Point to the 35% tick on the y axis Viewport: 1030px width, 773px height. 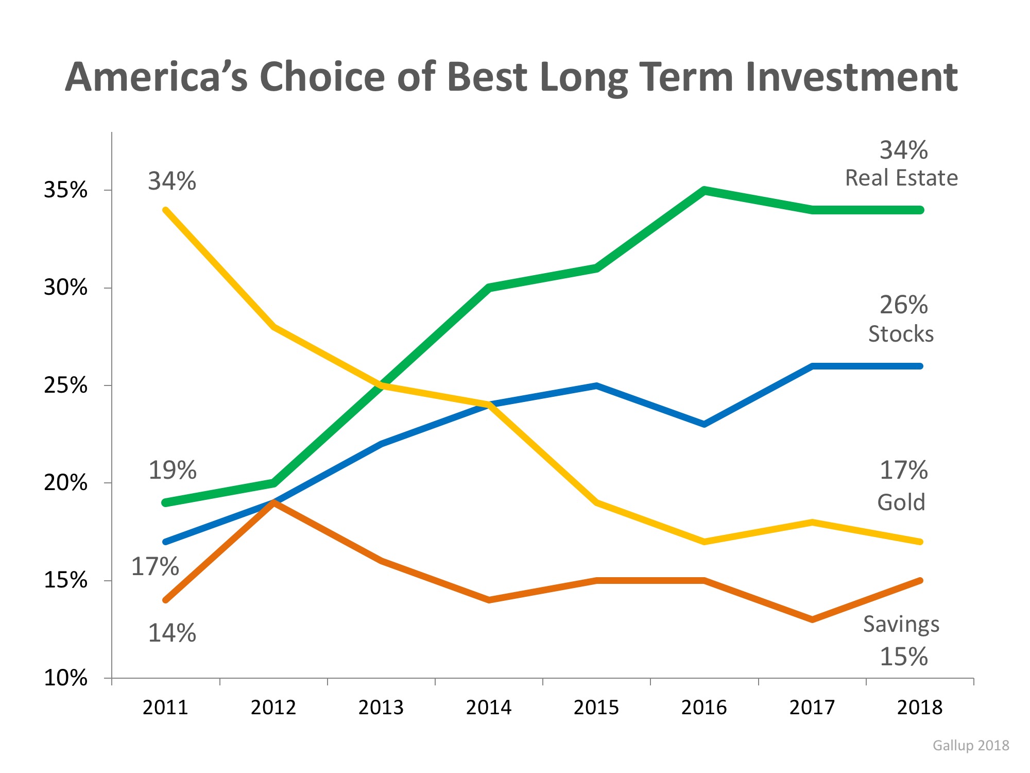(x=65, y=190)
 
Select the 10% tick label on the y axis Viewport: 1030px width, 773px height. (x=65, y=678)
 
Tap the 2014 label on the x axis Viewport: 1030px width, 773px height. (x=488, y=707)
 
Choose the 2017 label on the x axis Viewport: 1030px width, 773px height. (x=812, y=707)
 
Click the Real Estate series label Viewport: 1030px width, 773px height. (x=901, y=178)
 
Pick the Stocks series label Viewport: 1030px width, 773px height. (x=901, y=334)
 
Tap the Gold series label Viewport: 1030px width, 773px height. (x=901, y=502)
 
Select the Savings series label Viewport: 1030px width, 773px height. (x=901, y=624)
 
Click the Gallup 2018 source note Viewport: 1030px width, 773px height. (x=971, y=745)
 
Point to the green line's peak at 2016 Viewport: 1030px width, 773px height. (x=704, y=190)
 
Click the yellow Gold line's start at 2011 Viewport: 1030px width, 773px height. (x=165, y=210)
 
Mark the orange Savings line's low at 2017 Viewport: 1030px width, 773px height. (x=812, y=619)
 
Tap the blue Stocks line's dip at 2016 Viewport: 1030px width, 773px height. (x=704, y=424)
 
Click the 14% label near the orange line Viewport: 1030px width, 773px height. (x=172, y=633)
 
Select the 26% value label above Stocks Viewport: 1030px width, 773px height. (x=903, y=305)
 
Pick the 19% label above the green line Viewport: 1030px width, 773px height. (x=172, y=470)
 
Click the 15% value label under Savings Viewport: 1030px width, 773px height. (x=903, y=657)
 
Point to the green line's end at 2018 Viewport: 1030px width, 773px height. (x=920, y=210)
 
